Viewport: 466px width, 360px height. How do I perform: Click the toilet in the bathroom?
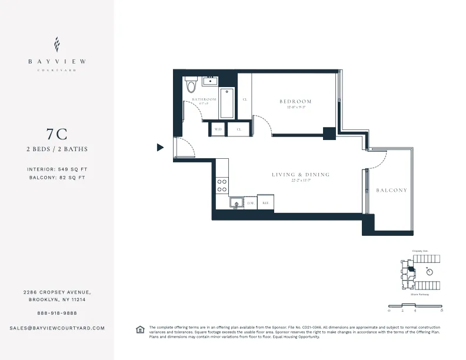[190, 86]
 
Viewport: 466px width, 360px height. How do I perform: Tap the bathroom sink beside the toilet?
[210, 81]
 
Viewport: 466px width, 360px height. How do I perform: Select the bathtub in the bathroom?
[227, 103]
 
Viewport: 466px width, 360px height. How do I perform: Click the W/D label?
[218, 129]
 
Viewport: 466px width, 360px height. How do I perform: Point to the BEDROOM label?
[295, 101]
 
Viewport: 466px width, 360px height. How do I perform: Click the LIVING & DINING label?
[301, 175]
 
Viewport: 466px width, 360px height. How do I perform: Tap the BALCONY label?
[392, 190]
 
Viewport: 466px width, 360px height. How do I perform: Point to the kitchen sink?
[236, 204]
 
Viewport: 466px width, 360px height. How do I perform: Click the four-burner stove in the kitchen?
[222, 186]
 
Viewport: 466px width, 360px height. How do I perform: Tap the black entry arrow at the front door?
[160, 148]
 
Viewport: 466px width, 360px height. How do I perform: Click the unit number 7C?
[57, 134]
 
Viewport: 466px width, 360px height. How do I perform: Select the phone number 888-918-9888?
[57, 313]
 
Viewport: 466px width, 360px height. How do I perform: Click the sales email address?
[57, 328]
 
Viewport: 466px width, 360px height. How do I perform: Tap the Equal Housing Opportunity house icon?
[140, 330]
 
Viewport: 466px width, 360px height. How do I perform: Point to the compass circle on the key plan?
[430, 271]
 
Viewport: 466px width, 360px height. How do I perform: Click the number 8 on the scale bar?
[441, 309]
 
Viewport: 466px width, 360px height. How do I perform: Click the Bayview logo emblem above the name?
[57, 44]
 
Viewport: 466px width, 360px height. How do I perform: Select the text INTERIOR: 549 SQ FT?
[57, 169]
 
